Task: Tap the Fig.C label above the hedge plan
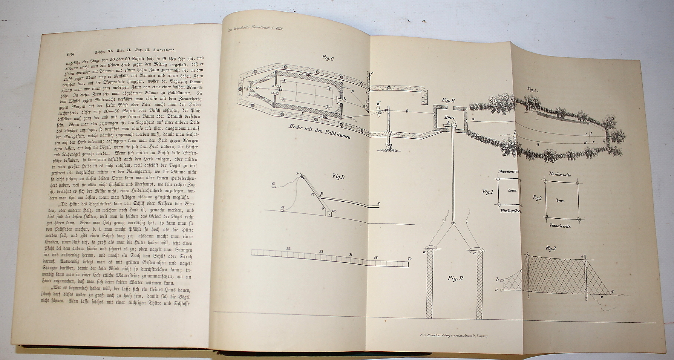[x=327, y=58]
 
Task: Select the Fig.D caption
[x=339, y=176]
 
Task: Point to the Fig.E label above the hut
[x=449, y=100]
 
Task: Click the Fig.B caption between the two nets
[x=455, y=279]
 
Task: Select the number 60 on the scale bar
[x=409, y=258]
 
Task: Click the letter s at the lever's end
[x=378, y=204]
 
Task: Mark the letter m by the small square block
[x=334, y=211]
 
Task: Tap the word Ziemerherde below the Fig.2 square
[x=559, y=226]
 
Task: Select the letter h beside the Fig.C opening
[x=345, y=100]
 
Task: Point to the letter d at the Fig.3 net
[x=611, y=291]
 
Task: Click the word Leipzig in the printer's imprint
[x=483, y=335]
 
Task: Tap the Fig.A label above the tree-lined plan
[x=532, y=89]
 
